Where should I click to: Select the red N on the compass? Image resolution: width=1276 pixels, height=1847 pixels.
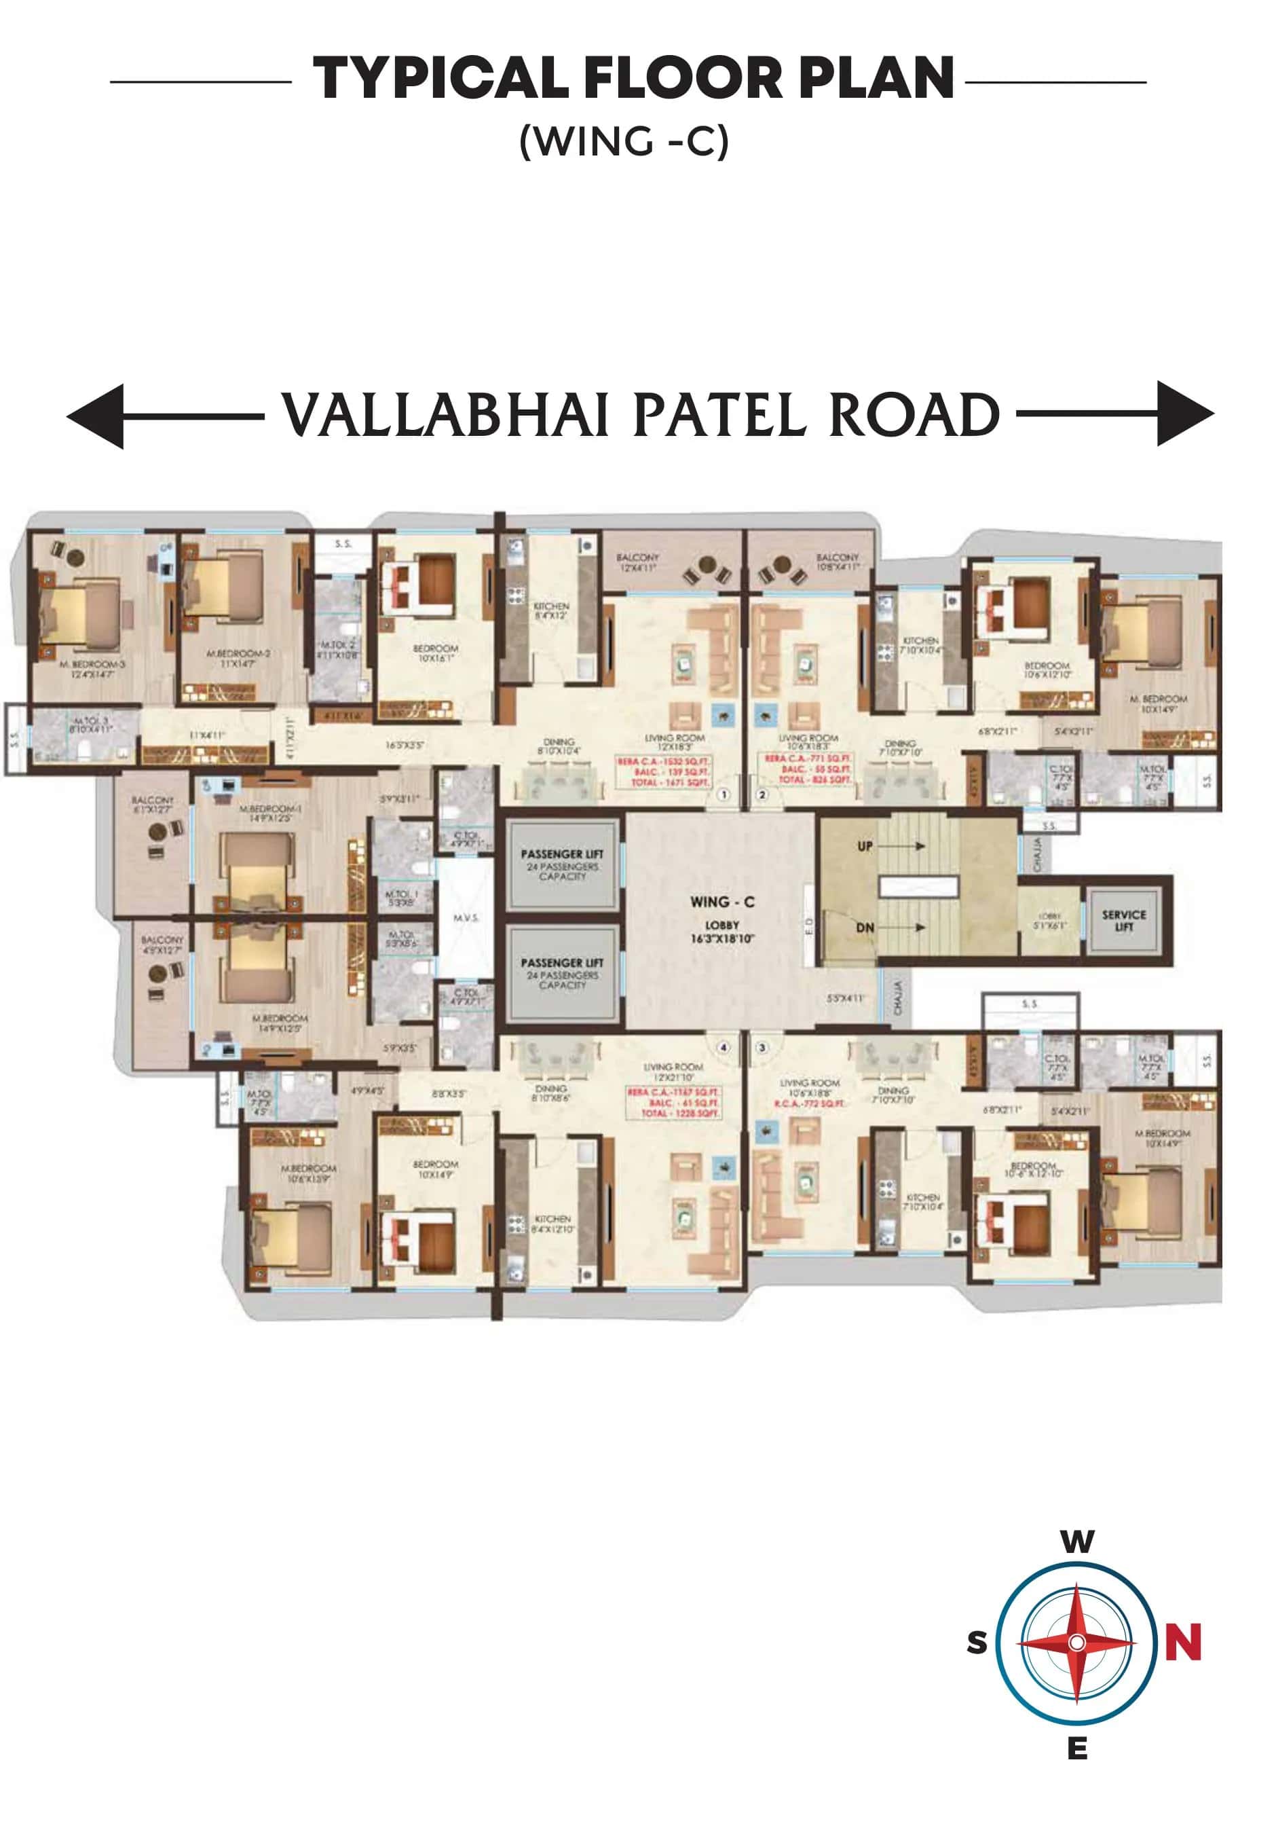tap(1182, 1643)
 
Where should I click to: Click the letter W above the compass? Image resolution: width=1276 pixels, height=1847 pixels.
tap(1077, 1540)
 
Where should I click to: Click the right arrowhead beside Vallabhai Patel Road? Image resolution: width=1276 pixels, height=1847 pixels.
tap(1185, 414)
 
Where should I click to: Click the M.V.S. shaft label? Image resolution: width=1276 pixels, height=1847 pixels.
tap(466, 917)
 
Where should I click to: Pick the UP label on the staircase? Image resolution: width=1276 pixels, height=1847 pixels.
tap(865, 845)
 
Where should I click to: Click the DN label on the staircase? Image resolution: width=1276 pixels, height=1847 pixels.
tap(865, 928)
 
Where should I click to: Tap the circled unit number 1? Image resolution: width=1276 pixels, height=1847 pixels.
tap(724, 795)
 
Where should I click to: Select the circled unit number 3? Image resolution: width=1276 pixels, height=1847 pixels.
tap(762, 1048)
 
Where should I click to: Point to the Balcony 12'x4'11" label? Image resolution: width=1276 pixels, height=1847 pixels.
tap(637, 562)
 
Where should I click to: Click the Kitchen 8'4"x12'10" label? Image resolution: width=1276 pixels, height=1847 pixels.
tap(553, 1224)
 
